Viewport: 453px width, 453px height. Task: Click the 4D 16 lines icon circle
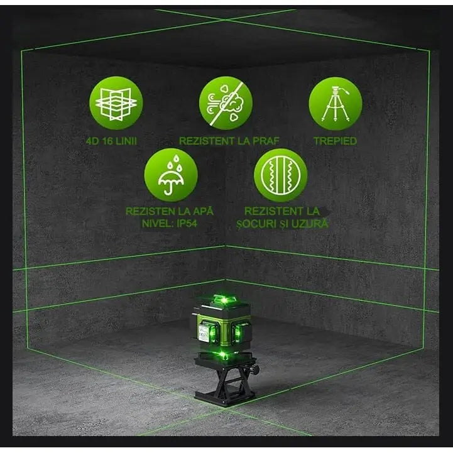(116, 102)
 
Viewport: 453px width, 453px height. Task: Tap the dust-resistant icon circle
(226, 102)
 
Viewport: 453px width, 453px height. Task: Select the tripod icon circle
(336, 102)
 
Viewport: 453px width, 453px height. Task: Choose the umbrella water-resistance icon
(171, 174)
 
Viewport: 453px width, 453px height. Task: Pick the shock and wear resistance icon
(280, 174)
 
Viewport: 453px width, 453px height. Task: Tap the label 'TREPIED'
(335, 141)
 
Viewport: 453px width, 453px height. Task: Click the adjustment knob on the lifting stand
(255, 365)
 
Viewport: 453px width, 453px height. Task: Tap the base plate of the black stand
(225, 397)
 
